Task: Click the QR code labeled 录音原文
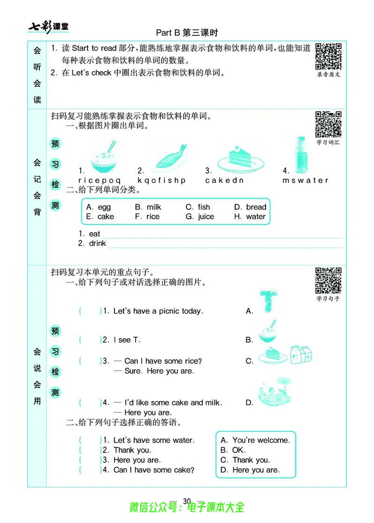[328, 56]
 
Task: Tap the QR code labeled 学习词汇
[328, 124]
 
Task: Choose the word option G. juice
[200, 217]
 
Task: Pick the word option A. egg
[99, 207]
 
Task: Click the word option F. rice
[147, 217]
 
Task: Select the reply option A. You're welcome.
[255, 440]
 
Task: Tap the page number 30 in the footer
[187, 501]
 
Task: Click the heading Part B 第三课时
[187, 33]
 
